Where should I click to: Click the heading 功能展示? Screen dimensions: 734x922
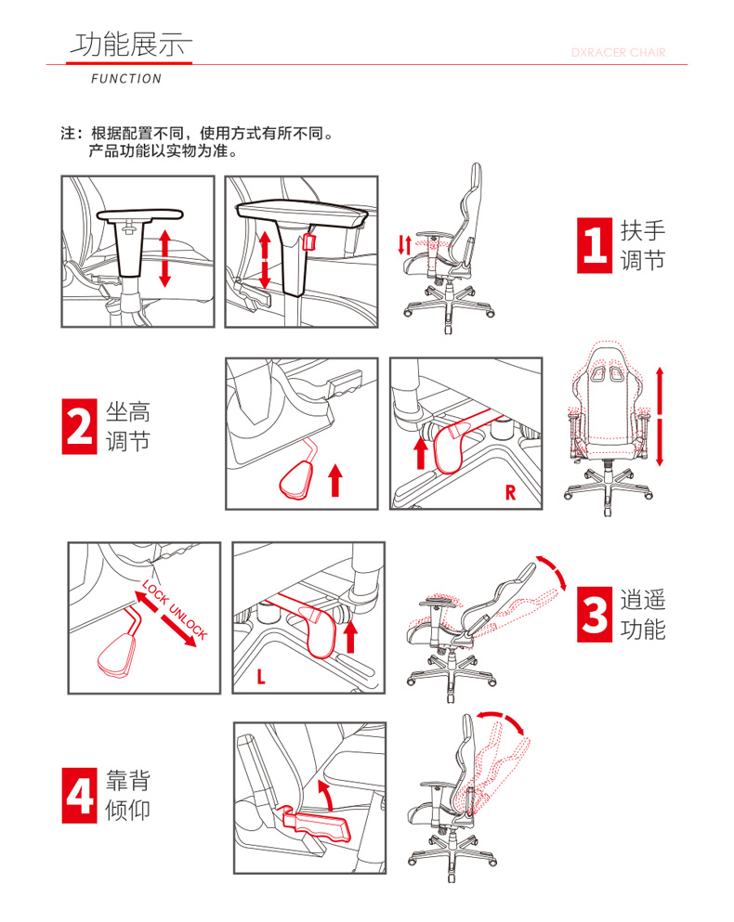pyautogui.click(x=131, y=45)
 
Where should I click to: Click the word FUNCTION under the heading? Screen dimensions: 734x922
pyautogui.click(x=126, y=79)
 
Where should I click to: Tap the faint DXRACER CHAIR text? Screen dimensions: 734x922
pyautogui.click(x=618, y=52)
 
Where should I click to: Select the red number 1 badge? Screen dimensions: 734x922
pyautogui.click(x=594, y=245)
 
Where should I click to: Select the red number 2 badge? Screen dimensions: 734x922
pyautogui.click(x=80, y=426)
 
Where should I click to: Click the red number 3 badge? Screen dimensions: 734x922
pyautogui.click(x=594, y=615)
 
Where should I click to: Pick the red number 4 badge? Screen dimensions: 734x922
pyautogui.click(x=80, y=796)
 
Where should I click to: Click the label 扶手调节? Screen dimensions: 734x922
pyautogui.click(x=643, y=245)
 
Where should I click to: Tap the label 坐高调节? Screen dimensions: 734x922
pyautogui.click(x=127, y=426)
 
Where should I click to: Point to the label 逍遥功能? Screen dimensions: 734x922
pyautogui.click(x=643, y=615)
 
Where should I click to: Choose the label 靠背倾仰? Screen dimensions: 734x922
pyautogui.click(x=127, y=796)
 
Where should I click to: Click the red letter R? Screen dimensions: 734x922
pyautogui.click(x=510, y=492)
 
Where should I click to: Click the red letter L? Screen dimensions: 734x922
pyautogui.click(x=261, y=677)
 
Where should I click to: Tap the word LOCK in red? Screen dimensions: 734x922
pyautogui.click(x=155, y=592)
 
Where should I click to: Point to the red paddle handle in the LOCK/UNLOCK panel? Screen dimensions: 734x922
pyautogui.click(x=117, y=653)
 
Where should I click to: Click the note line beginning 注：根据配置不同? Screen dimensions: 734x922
pyautogui.click(x=197, y=134)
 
